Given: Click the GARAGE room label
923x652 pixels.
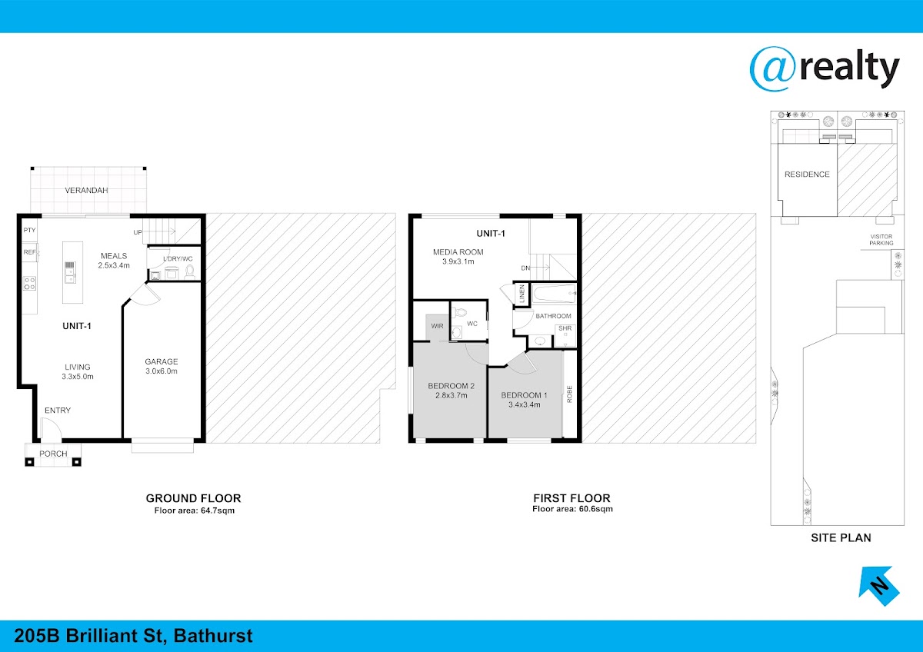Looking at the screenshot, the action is [161, 361].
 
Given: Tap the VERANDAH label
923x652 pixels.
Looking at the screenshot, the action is [86, 190].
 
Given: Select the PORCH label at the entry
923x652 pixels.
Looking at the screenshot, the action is [53, 454].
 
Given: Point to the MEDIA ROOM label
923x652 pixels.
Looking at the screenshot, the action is [458, 252].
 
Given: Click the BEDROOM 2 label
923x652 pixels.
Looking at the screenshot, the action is [452, 386].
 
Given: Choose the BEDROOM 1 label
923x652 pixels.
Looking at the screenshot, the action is [524, 395].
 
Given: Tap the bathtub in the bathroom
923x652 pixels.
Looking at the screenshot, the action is [554, 294].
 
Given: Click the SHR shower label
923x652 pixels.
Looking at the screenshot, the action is [565, 328].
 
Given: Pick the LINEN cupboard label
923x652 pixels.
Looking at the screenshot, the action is [522, 294].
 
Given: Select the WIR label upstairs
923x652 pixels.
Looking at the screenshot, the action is [437, 326].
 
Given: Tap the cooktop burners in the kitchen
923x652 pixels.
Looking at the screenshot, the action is [30, 284].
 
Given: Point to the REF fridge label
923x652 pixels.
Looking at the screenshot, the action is [29, 252].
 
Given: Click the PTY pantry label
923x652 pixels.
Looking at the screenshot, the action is [29, 230].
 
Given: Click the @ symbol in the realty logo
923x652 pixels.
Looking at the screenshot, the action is [773, 68].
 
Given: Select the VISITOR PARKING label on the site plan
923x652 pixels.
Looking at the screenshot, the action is [881, 240].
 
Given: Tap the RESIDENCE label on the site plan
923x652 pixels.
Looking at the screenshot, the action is [807, 175].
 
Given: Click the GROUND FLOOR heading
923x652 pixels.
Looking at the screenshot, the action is [193, 498].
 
